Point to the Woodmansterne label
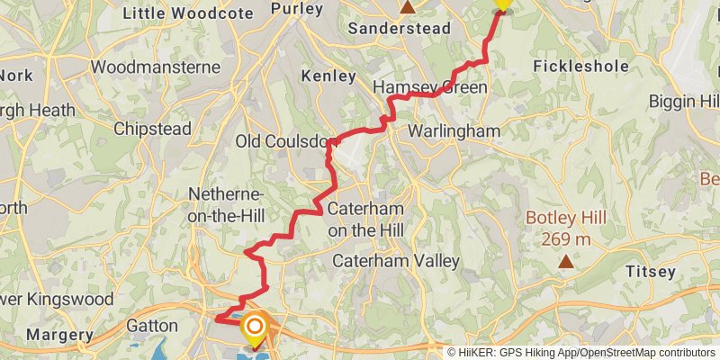click(x=156, y=67)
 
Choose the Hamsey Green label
click(x=429, y=87)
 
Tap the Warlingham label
click(x=454, y=131)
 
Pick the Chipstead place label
click(x=152, y=129)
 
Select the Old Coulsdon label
click(x=286, y=141)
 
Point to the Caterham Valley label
click(x=396, y=261)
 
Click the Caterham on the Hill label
click(x=365, y=219)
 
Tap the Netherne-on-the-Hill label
click(x=225, y=204)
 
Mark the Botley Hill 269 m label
click(x=566, y=229)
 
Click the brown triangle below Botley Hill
click(x=565, y=261)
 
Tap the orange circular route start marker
click(x=256, y=327)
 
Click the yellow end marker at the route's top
click(x=502, y=4)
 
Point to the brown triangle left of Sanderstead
click(x=408, y=7)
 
